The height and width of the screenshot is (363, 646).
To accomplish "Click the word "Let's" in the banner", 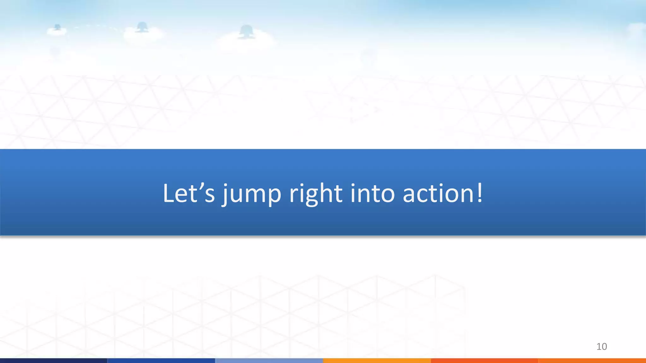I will click(x=189, y=193).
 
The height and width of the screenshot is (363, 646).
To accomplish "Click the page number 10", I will click(x=602, y=347).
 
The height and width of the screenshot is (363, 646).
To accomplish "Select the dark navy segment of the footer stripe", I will click(x=54, y=360).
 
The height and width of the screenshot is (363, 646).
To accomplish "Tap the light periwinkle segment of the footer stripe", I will click(x=269, y=360).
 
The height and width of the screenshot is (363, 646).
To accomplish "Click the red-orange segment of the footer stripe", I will click(x=484, y=360).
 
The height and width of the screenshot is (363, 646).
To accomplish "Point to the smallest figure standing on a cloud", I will click(x=57, y=27).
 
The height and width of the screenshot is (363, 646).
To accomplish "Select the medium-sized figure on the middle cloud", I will click(x=142, y=27).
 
